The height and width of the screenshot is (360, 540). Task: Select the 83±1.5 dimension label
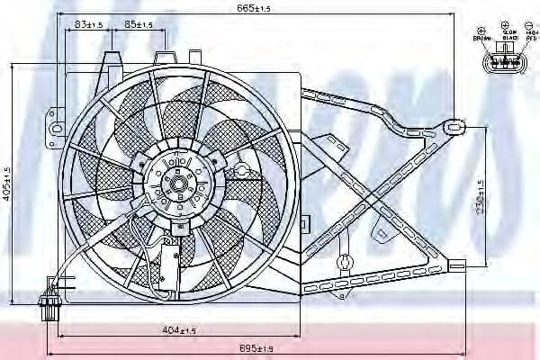[88, 24]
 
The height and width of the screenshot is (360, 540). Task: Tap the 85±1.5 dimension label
[139, 24]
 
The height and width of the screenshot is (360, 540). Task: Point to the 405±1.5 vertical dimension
[7, 184]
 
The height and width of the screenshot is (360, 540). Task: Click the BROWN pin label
[480, 38]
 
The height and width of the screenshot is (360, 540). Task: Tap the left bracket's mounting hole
[56, 129]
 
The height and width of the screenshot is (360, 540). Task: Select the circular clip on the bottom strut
[343, 264]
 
